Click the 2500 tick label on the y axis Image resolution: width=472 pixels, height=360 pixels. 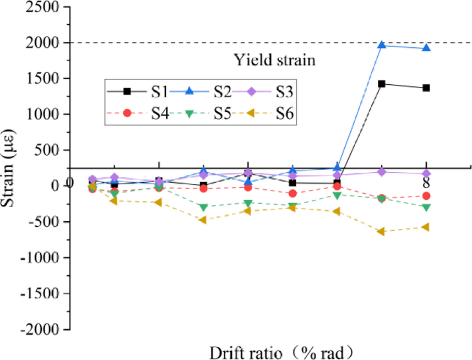click(x=44, y=8)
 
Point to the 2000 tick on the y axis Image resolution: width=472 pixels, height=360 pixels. click(x=44, y=43)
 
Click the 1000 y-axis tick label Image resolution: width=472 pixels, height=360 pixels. click(x=44, y=114)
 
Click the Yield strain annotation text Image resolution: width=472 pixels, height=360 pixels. click(x=274, y=59)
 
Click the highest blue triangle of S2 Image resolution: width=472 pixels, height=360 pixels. click(x=381, y=45)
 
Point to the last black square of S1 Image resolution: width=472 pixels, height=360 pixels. click(x=426, y=88)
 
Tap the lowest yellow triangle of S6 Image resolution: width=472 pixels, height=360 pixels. click(x=381, y=232)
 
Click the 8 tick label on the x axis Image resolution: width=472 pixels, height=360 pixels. click(x=426, y=183)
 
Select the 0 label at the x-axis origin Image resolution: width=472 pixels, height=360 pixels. click(x=70, y=183)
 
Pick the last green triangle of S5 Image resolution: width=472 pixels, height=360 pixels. click(x=426, y=208)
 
